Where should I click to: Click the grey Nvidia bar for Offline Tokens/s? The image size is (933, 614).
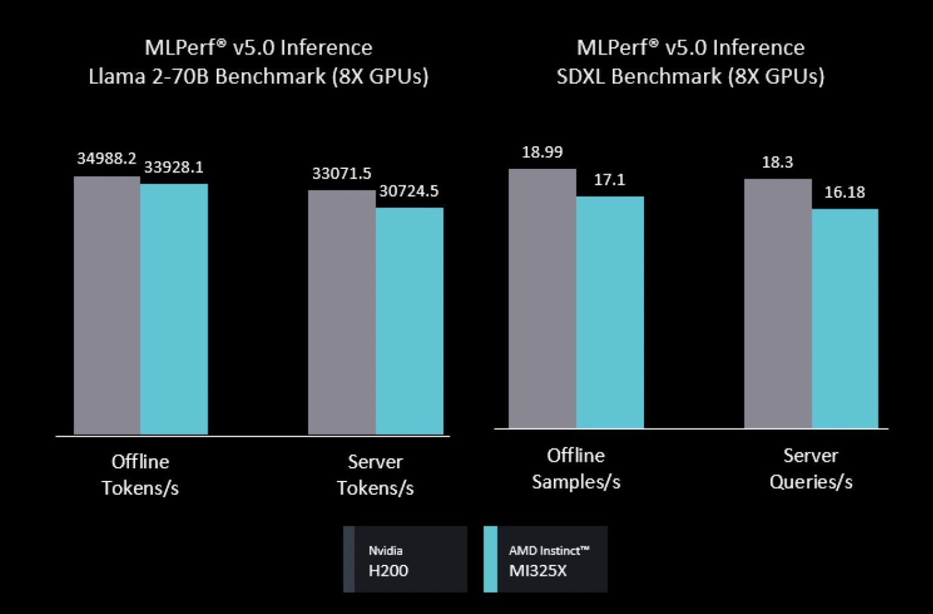(107, 305)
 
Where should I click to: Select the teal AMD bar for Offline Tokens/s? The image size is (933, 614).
(174, 309)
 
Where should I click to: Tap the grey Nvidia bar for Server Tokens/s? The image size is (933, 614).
(341, 312)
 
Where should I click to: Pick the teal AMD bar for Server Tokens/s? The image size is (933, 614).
(409, 321)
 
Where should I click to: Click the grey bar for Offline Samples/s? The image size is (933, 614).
(542, 298)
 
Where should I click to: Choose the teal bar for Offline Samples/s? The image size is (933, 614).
(610, 312)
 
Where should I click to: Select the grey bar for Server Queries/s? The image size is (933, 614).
(777, 304)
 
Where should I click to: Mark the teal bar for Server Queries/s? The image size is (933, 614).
(845, 319)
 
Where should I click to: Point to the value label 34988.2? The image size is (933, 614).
(106, 159)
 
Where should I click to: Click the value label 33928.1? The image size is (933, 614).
(174, 167)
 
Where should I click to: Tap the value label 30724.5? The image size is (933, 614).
(409, 191)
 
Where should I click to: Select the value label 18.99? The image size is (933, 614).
(542, 152)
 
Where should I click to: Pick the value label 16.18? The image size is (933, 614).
(844, 193)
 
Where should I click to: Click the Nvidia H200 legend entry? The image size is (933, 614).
(405, 559)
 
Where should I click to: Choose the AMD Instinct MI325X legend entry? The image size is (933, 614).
(545, 559)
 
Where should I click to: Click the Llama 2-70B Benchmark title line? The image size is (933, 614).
(259, 77)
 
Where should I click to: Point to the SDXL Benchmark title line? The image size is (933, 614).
(691, 77)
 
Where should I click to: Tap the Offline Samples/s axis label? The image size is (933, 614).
(576, 468)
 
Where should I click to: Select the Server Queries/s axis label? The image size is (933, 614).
(811, 468)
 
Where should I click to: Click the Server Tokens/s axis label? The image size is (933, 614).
(375, 474)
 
